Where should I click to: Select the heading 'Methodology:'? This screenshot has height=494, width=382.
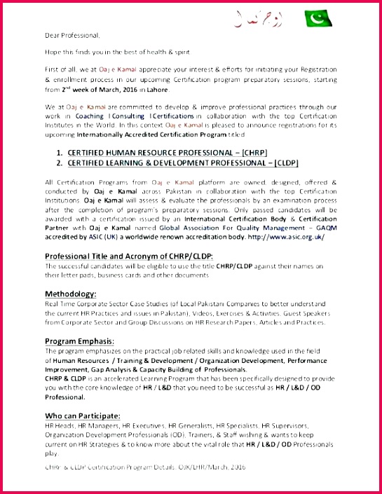71,294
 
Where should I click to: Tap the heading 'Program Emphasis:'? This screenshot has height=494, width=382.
79,341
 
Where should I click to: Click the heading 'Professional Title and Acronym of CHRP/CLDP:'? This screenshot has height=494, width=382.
129,256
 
